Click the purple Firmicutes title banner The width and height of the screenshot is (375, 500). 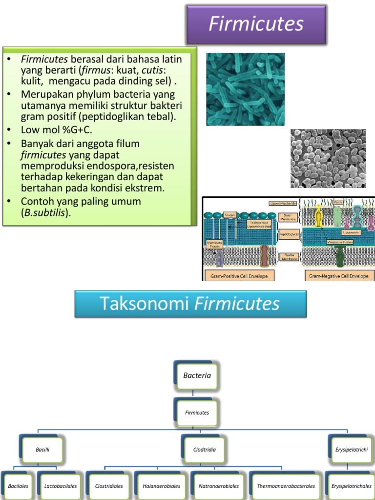(x=256, y=24)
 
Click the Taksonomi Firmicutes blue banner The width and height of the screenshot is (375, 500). (x=190, y=304)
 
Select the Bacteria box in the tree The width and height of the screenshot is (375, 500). (x=197, y=375)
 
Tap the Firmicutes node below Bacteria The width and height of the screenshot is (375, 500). (x=197, y=413)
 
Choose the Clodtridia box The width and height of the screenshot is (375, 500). (x=204, y=449)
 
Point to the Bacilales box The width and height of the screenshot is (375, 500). (x=18, y=486)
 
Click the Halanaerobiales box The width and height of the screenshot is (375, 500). (x=161, y=486)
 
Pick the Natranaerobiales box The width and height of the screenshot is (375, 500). (x=218, y=486)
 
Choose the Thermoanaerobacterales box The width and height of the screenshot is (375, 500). (x=286, y=486)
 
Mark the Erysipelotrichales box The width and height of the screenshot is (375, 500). (x=351, y=486)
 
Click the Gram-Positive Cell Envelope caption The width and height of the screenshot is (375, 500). (x=239, y=276)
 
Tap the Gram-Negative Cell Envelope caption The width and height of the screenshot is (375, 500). (x=338, y=276)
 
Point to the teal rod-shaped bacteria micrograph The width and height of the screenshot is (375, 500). (x=245, y=89)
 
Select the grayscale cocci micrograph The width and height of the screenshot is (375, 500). (x=328, y=159)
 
